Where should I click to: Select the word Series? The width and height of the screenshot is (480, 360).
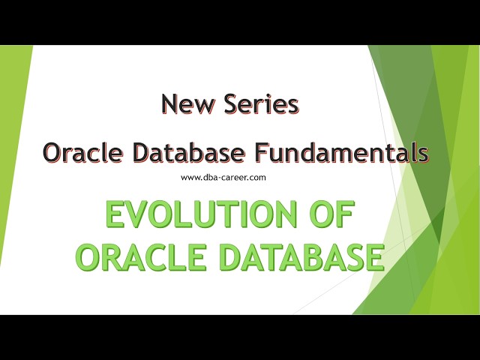pyautogui.click(x=261, y=105)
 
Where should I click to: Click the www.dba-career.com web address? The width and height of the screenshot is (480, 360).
pyautogui.click(x=224, y=178)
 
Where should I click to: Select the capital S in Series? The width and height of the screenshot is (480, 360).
pyautogui.click(x=233, y=105)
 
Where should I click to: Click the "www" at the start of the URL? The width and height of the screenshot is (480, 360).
pyautogui.click(x=190, y=178)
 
